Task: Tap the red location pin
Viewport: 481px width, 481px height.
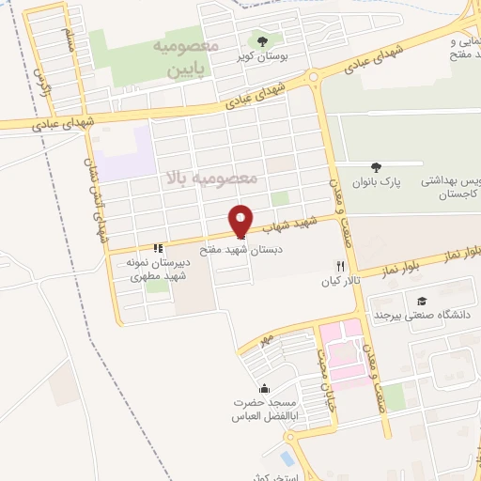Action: click(x=242, y=220)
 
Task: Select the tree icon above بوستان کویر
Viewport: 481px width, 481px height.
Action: click(x=262, y=40)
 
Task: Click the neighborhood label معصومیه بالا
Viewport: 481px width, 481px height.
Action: click(x=211, y=177)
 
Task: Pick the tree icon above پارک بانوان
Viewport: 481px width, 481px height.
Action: click(x=377, y=166)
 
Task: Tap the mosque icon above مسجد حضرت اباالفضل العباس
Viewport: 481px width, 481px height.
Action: click(x=264, y=389)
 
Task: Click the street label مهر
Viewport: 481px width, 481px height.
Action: click(x=267, y=336)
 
